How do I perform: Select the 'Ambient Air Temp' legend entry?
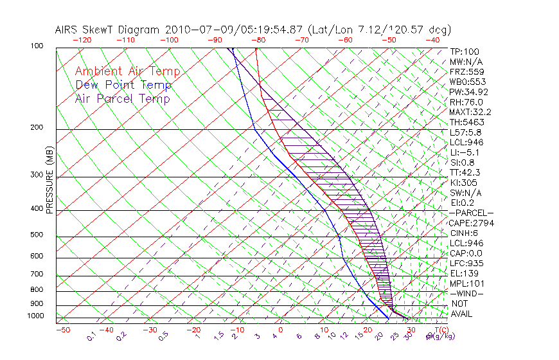point(128,71)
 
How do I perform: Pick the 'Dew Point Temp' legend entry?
point(123,85)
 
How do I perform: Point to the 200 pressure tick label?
point(37,127)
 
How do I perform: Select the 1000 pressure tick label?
point(35,316)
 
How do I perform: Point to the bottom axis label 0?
point(280,330)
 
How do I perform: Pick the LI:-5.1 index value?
point(466,152)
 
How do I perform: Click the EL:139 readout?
point(465,273)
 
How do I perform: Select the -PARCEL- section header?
point(471,213)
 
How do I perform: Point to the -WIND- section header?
point(467,293)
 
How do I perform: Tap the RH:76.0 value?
point(466,102)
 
